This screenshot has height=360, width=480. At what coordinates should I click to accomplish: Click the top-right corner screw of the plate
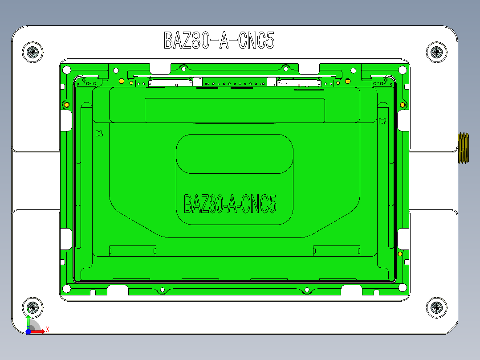[436, 52]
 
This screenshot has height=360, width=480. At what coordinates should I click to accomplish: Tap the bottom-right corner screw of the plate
[436, 307]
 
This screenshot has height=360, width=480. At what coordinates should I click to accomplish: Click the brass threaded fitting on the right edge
[464, 148]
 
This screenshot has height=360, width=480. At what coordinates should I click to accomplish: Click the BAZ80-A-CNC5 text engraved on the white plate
[219, 41]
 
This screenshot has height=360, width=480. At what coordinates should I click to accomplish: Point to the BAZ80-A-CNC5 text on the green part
[230, 204]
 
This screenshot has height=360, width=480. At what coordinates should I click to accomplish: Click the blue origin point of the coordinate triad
[28, 331]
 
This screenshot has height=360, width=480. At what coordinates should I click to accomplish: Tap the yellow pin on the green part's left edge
[66, 105]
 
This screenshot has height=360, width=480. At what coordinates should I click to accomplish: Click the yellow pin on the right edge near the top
[403, 105]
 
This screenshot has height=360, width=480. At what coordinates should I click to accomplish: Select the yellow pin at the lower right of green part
[400, 254]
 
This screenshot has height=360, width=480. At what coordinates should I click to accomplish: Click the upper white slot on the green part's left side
[66, 120]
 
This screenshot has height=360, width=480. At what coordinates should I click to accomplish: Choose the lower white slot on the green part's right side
[403, 239]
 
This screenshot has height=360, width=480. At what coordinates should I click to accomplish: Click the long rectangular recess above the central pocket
[235, 110]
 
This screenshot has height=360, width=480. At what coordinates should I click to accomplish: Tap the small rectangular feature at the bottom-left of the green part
[132, 251]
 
